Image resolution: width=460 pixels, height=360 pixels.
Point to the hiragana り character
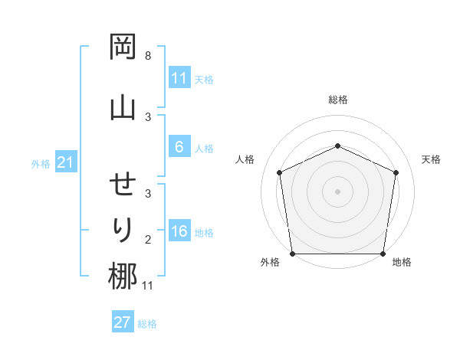pyautogui.click(x=123, y=229)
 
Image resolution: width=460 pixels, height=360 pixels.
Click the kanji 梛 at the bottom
pyautogui.click(x=123, y=277)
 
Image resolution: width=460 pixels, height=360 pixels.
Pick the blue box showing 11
pyautogui.click(x=179, y=78)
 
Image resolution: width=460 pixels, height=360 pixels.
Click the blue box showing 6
pyautogui.click(x=179, y=147)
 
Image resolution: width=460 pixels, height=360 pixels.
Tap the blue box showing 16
pyautogui.click(x=179, y=232)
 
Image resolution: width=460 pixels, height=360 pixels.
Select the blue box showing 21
pyautogui.click(x=65, y=163)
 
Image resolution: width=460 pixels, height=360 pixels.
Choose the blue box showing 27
pyautogui.click(x=123, y=322)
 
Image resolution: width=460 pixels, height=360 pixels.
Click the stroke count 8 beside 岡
pyautogui.click(x=148, y=56)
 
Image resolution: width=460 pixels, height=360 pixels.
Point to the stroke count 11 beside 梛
pyautogui.click(x=147, y=286)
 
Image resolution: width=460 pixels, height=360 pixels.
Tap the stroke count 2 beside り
pyautogui.click(x=148, y=240)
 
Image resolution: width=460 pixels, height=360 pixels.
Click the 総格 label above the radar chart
pyautogui.click(x=337, y=100)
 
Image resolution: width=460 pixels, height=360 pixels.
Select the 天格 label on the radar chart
pyautogui.click(x=432, y=159)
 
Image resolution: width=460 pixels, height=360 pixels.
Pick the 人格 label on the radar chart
pyautogui.click(x=245, y=159)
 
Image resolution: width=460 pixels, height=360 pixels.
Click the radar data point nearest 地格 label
pyautogui.click(x=383, y=254)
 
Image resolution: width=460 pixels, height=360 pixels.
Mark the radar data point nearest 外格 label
pyautogui.click(x=292, y=254)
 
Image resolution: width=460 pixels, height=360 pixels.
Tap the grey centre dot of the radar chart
pyautogui.click(x=337, y=191)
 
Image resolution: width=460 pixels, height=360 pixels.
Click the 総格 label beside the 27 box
pyautogui.click(x=147, y=324)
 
